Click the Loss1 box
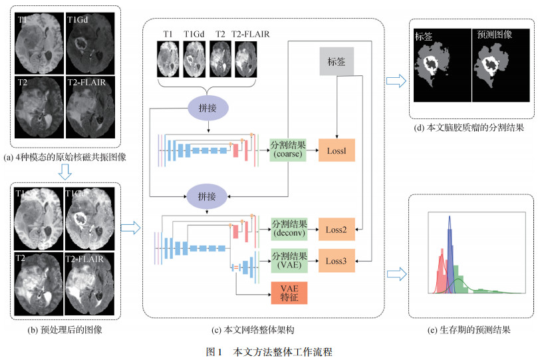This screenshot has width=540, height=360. coord(337,150)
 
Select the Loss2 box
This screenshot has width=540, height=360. coord(337,229)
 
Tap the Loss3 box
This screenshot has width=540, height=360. coord(337,260)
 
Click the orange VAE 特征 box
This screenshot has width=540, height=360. coord(289,293)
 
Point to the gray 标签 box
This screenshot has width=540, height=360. coord(337,62)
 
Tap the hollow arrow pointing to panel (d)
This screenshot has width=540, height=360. coord(396,81)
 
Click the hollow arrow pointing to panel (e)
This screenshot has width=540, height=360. coord(396,273)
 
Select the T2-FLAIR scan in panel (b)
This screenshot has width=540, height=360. coord(89,281)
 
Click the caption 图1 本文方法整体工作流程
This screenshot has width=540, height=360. coord(269,350)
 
